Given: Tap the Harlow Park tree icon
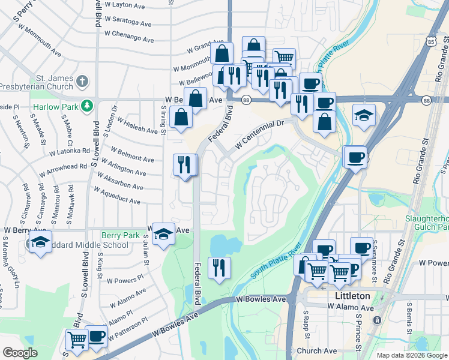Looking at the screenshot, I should [88, 106].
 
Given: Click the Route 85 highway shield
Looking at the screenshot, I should [433, 41].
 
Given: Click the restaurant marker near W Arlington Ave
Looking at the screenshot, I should [184, 165].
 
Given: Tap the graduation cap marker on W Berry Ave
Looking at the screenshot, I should [163, 234].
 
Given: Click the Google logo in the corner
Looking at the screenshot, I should [20, 353].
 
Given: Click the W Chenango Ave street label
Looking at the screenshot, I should [128, 37].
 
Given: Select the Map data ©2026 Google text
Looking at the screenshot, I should [412, 355].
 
